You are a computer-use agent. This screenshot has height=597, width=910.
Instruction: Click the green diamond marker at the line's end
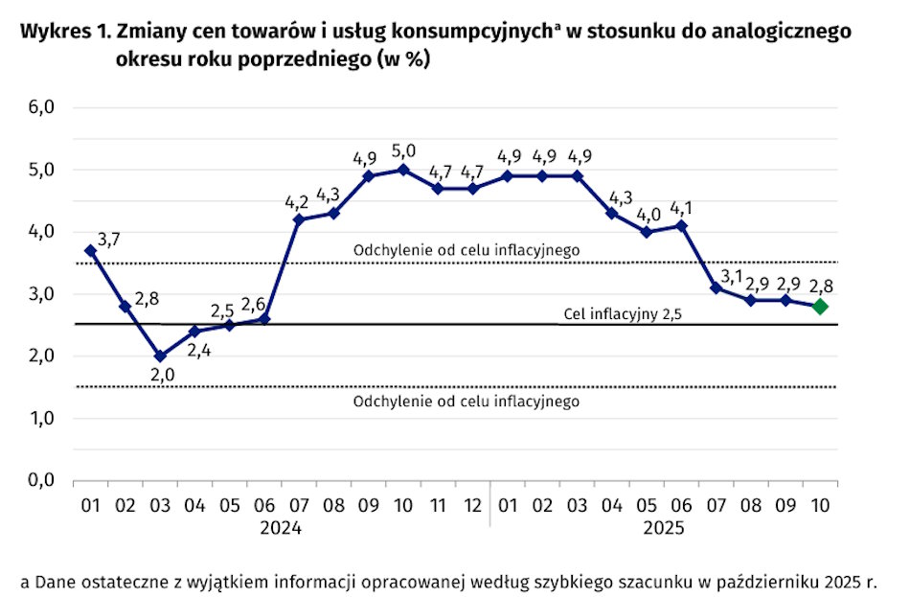pos(820,306)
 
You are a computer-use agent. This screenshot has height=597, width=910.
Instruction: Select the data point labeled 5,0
pos(403,169)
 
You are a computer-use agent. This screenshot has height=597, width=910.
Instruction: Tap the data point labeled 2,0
pos(160,356)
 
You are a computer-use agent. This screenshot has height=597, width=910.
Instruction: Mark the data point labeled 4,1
pos(681,225)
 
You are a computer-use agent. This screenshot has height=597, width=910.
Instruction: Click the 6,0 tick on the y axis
pos(40,107)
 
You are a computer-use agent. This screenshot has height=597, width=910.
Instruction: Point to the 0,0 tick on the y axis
pos(40,480)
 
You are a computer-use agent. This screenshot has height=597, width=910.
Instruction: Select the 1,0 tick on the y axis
pos(40,418)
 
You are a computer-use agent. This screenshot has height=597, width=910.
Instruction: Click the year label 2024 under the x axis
pos(282,528)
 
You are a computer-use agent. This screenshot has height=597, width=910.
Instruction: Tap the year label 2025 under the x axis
pos(664,528)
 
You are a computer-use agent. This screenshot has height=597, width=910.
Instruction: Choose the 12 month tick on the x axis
pos(472,503)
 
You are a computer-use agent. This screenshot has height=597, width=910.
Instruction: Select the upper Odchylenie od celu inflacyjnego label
pos(466,250)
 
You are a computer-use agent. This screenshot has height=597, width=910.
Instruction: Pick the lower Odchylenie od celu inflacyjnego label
pos(466,401)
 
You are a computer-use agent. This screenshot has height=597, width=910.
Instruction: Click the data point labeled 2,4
pos(194,332)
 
